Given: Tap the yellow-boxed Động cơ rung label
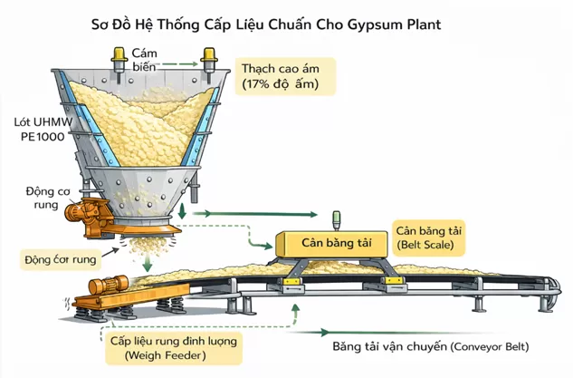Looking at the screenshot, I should [59, 259].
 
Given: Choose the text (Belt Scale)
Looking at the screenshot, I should [425, 245].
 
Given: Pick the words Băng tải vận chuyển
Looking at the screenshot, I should [391, 347].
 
